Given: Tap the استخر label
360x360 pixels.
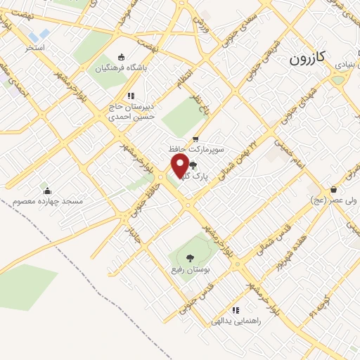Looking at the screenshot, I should coord(35,47).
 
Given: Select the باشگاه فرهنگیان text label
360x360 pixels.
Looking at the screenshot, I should coord(121,69).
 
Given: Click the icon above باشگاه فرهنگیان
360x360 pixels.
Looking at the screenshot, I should coord(122,58).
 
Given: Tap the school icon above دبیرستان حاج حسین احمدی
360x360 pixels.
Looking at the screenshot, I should coord(131,96).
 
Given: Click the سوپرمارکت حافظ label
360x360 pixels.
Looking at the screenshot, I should coord(195,150).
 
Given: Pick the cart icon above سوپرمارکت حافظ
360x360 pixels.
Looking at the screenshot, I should coord(195,139).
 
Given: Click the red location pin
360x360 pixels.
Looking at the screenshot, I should coord(180,166).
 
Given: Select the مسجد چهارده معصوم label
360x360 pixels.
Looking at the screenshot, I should coord(47,202).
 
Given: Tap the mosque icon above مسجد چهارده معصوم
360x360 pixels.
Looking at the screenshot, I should coord(47,191).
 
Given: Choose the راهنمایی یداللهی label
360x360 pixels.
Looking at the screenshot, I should coord(236,321).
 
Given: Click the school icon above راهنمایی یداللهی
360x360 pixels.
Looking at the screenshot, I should coord(236,309).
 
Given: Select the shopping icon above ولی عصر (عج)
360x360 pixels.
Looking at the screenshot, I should coord(333,188).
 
